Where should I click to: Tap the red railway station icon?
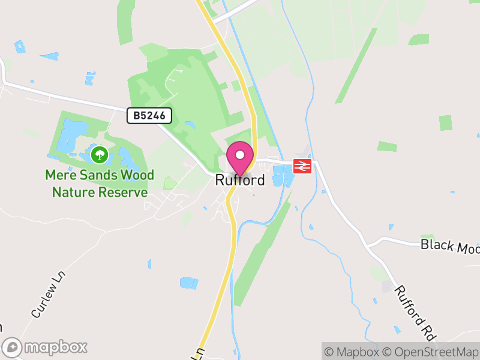coord(302,166)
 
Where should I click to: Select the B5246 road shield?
coord(149,116)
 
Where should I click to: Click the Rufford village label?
coord(240,180)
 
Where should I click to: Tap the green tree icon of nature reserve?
coord(99,155)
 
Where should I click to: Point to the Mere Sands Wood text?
coord(100,175)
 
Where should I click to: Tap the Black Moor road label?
coord(450,245)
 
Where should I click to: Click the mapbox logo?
coord(45,347)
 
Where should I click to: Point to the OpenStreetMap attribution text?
coord(430,352)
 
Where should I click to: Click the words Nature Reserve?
coord(100,192)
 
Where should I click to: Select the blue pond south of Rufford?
coord(188,283)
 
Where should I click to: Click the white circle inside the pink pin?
coord(240,155)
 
